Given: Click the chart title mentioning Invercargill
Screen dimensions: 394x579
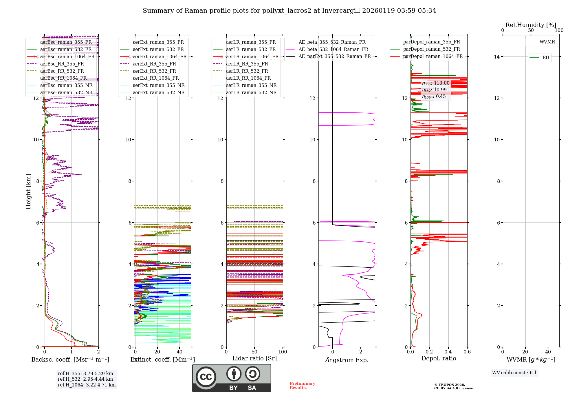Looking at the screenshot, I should click(289, 11).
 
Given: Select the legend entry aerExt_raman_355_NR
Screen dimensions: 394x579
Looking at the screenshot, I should click(158, 85).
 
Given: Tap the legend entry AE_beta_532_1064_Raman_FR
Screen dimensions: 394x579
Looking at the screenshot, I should click(333, 49).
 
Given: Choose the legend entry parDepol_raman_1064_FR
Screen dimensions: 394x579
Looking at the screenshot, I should click(433, 56).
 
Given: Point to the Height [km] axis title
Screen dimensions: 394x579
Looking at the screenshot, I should click(28, 191).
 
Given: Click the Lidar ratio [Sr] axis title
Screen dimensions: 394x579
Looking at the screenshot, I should click(254, 358).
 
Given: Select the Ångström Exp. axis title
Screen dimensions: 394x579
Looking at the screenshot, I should click(347, 360).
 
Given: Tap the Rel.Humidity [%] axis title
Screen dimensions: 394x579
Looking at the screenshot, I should click(531, 25).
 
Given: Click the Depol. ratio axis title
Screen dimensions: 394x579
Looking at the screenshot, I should click(439, 358).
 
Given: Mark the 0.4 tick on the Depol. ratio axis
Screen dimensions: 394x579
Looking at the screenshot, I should click(448, 352).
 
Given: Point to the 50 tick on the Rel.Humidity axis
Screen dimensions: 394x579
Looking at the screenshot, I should click(531, 30).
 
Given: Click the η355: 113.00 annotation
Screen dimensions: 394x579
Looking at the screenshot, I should click(436, 83).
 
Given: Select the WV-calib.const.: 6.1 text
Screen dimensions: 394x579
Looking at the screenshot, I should click(514, 373).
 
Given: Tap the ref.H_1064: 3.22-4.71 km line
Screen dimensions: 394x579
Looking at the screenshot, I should click(87, 385).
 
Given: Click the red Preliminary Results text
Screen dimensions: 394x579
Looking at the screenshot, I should click(302, 385).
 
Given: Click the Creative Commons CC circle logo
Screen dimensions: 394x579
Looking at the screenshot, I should click(206, 377).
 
